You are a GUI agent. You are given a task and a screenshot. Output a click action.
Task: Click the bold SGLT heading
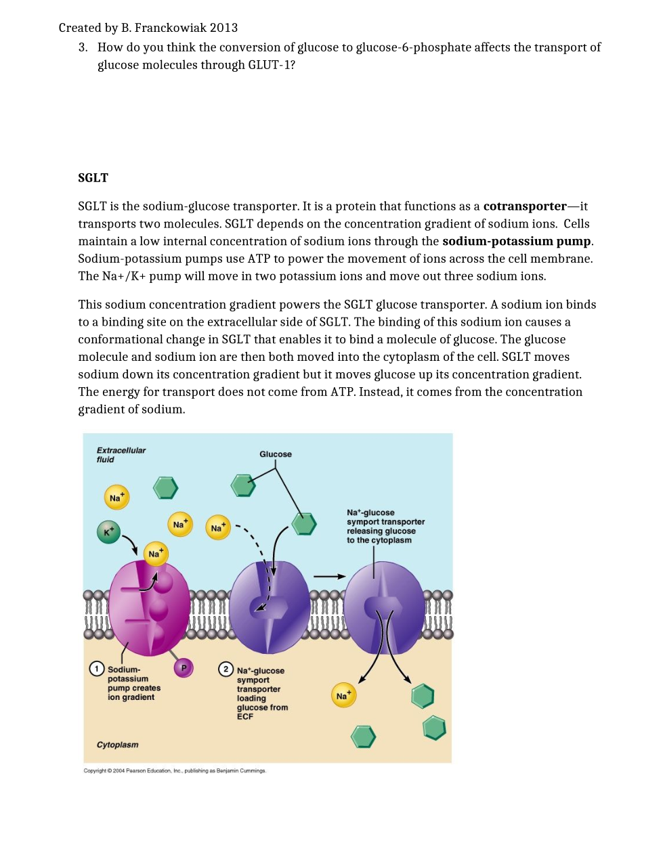(x=93, y=178)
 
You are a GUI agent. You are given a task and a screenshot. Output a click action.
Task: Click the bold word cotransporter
(x=524, y=206)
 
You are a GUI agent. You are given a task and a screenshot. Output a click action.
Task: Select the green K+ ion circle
(x=108, y=532)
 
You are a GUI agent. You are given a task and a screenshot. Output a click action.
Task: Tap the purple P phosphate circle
(x=184, y=667)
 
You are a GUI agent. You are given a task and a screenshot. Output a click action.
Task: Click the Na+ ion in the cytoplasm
(x=343, y=695)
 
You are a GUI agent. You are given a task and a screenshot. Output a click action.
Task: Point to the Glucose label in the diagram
(x=276, y=454)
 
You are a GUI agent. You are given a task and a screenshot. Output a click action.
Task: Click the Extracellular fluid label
(x=121, y=455)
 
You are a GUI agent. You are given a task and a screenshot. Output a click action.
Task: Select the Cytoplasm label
(x=117, y=745)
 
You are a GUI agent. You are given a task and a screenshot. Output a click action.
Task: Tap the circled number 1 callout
(x=97, y=669)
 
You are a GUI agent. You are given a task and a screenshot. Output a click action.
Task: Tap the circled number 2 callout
(x=226, y=669)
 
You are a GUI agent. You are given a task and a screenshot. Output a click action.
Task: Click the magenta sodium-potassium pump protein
(x=149, y=609)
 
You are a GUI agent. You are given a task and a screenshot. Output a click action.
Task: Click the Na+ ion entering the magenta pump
(x=156, y=554)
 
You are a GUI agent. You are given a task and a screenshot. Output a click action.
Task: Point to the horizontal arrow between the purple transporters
(x=330, y=577)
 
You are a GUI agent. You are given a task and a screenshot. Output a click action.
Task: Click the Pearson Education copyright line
(x=175, y=770)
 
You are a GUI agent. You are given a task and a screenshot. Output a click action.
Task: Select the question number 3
(x=83, y=47)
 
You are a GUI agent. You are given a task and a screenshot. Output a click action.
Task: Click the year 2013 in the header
(x=223, y=28)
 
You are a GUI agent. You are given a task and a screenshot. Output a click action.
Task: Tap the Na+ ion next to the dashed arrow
(x=218, y=528)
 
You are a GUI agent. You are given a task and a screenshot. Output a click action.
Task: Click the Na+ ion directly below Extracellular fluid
(x=116, y=498)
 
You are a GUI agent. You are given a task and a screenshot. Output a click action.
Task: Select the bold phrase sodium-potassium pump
(x=516, y=241)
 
